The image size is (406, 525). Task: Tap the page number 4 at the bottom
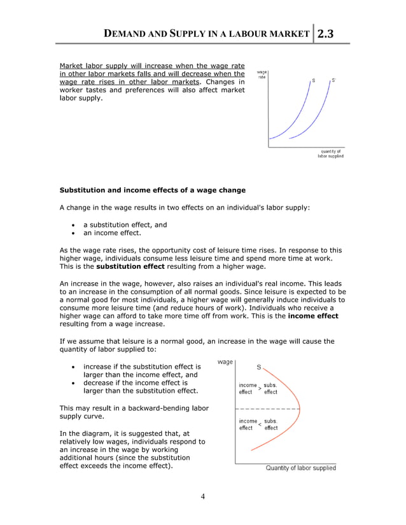coord(202,496)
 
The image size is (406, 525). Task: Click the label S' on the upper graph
coord(333,81)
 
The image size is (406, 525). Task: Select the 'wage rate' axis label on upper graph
coord(262,75)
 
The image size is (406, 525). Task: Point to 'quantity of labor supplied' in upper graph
coord(330,154)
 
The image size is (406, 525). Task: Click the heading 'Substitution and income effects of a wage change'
coord(152,190)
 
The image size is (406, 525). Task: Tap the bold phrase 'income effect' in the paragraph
coord(313,315)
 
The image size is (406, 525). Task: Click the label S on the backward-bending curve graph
coord(259,367)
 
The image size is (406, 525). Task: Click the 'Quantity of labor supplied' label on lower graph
coord(300,468)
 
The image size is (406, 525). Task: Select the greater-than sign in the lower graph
coord(260,388)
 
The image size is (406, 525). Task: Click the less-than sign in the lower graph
coord(260,424)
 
